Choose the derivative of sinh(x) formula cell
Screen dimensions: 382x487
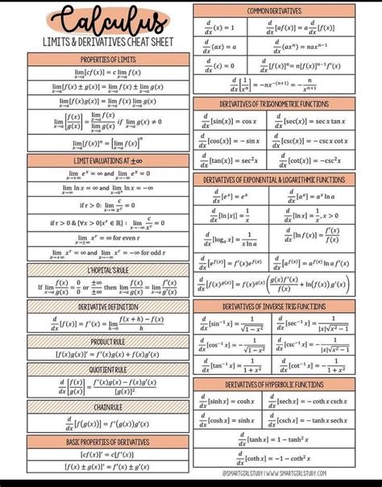point(233,401)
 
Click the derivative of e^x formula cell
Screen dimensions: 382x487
point(233,196)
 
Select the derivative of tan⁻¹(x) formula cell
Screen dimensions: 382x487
point(233,367)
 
